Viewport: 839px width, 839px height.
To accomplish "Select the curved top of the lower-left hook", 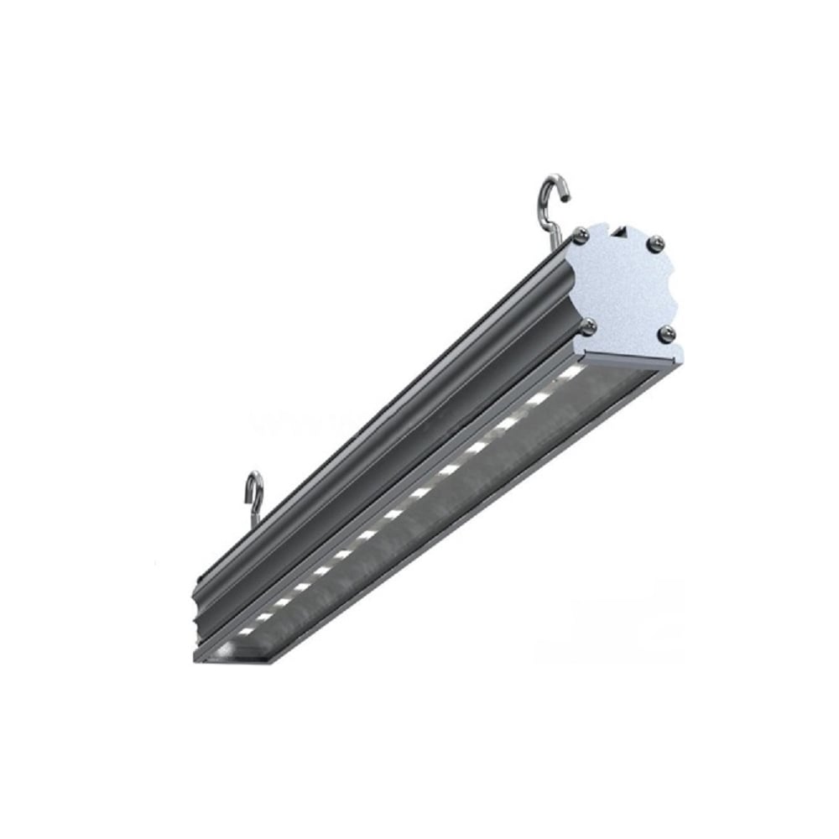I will coord(254,477).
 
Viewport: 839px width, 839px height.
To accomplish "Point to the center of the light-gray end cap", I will coord(625,285).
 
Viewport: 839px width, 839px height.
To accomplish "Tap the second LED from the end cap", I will coord(541,394).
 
